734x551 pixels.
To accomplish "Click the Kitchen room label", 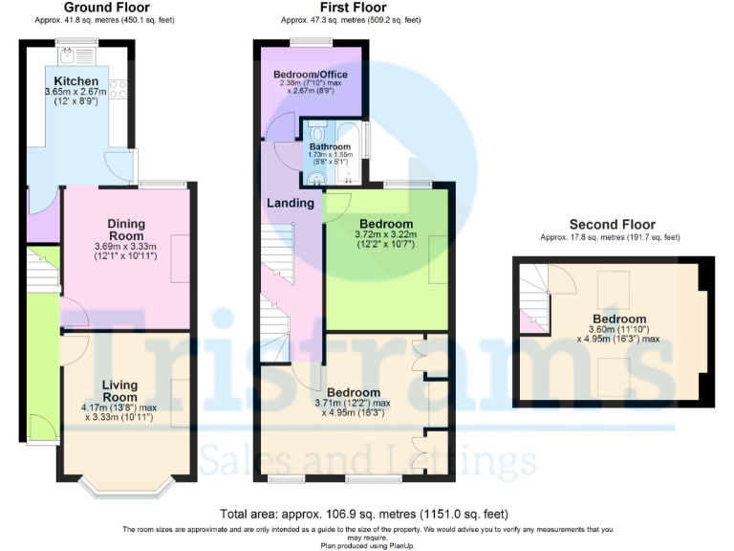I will tap(72, 80).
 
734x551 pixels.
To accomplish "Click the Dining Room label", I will tap(125, 230).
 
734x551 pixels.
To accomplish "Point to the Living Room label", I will tap(120, 390).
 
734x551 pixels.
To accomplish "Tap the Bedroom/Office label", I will tap(310, 75).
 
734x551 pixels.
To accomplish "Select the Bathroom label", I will tap(329, 146).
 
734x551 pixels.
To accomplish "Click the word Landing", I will tap(291, 203).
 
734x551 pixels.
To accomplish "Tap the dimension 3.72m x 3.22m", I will tap(387, 235).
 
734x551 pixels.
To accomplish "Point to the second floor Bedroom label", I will tap(618, 319).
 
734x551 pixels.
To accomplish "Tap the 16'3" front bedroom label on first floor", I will tap(353, 392).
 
